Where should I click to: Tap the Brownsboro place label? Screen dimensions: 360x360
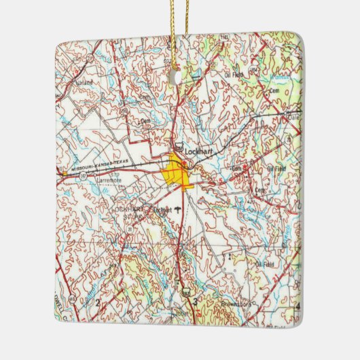click(235, 304)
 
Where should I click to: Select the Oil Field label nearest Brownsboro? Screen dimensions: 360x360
click(267, 260)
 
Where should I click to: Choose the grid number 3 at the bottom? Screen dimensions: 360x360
click(195, 301)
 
